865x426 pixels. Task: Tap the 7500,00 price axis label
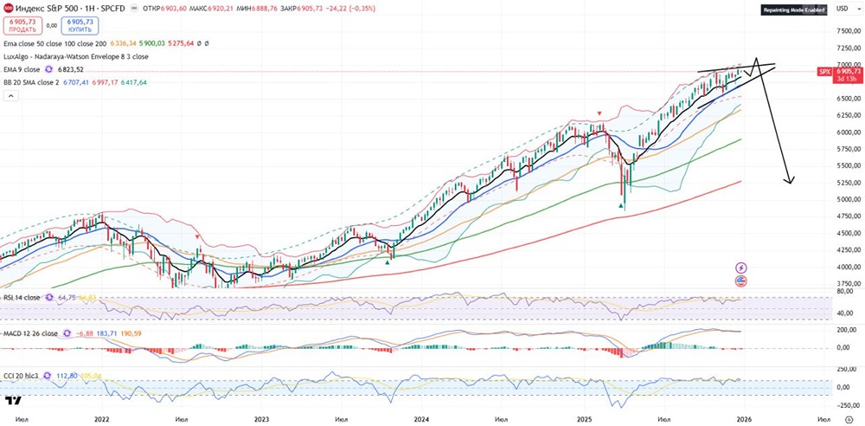(849, 31)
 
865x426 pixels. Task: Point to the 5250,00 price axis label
(849, 183)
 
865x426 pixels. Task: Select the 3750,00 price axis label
(849, 283)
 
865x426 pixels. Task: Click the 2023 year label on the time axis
(262, 417)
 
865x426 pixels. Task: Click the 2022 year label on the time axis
(102, 417)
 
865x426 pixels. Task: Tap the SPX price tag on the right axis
(823, 72)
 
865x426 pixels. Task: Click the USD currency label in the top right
(841, 10)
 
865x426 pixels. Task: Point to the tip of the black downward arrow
(789, 183)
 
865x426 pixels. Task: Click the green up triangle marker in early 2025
(622, 205)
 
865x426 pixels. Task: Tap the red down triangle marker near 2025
(599, 113)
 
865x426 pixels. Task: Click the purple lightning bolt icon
(740, 268)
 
